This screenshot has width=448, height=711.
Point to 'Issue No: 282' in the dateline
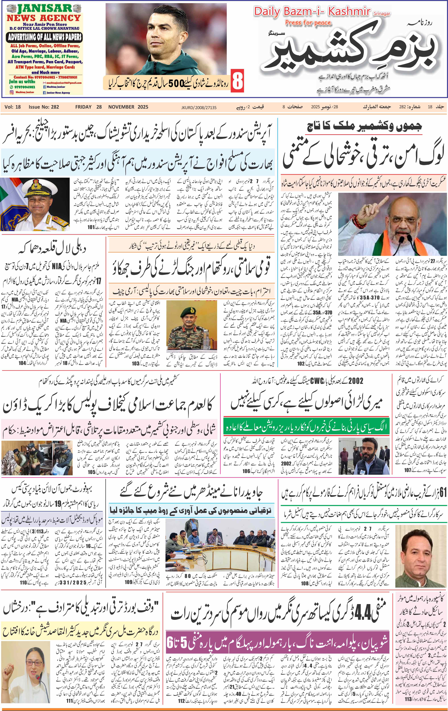click(x=44, y=107)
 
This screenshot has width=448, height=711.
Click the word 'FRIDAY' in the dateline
click(x=83, y=107)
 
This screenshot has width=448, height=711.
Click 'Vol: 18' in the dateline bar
click(x=13, y=107)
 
